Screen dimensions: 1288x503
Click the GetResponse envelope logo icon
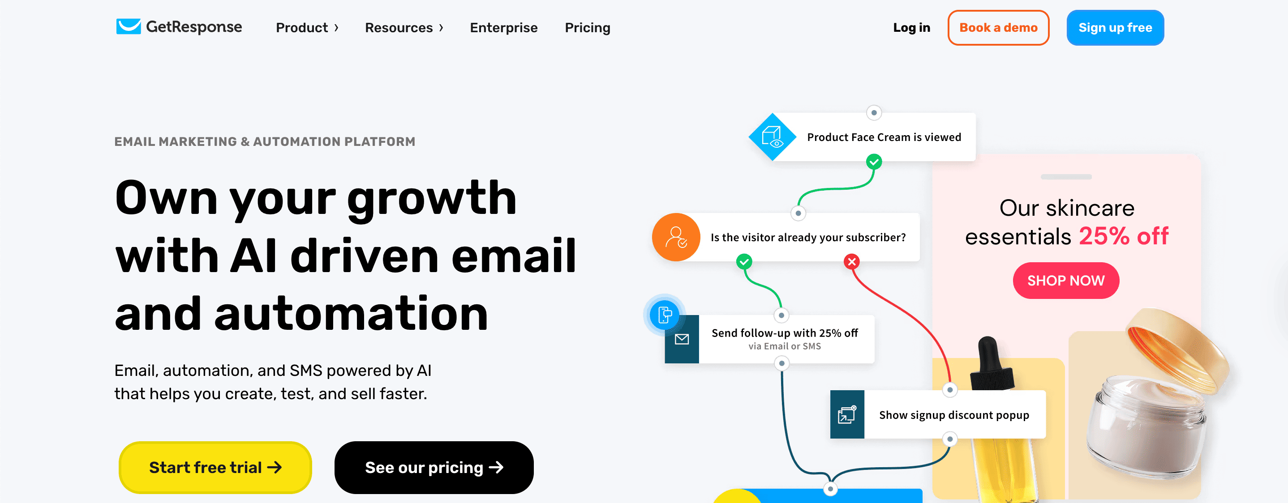coord(129,26)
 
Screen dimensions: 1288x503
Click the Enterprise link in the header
coord(503,27)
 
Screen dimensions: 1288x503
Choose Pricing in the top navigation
coord(588,27)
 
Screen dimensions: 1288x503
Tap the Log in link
coord(911,27)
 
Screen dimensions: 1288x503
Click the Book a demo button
coord(998,27)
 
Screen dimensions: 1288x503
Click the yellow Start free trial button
coord(215,467)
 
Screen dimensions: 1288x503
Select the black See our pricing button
coord(434,467)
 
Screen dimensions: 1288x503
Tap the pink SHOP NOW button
coord(1066,280)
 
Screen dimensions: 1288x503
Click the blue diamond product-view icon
coord(772,137)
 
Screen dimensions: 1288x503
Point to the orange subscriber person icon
coord(676,237)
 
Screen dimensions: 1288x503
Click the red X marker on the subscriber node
coord(851,261)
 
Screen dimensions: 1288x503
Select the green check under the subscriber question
coord(744,261)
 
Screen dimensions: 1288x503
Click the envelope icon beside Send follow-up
coord(682,339)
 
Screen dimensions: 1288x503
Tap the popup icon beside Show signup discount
coord(847,414)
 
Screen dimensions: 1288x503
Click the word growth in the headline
coord(432,199)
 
